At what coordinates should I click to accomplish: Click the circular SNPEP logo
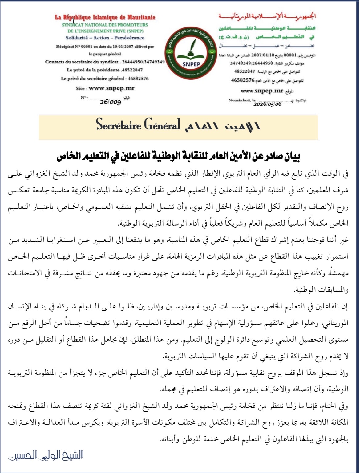[191, 52]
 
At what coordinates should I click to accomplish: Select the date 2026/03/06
[267, 104]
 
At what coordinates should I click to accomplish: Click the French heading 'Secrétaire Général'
[138, 125]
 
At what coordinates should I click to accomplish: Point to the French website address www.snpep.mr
[111, 88]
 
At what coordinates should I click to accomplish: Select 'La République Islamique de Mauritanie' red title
[105, 17]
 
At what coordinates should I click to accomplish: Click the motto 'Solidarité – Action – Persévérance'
[105, 38]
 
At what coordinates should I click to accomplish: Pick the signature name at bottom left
[46, 455]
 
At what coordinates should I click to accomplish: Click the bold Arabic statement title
[178, 157]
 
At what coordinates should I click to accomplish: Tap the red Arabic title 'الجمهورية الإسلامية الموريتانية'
[267, 16]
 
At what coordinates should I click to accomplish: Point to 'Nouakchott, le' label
[242, 100]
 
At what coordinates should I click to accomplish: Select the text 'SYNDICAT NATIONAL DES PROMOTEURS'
[105, 25]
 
